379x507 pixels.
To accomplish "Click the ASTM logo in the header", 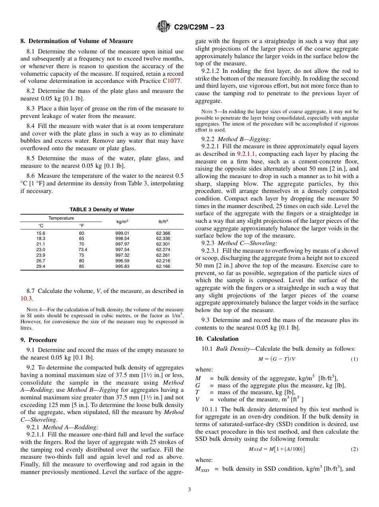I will coord(164,27).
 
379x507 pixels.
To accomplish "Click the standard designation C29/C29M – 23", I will coord(199,27).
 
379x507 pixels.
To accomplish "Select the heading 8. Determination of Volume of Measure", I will coord(77,41).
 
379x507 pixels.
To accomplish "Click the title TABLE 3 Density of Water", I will coord(102,210).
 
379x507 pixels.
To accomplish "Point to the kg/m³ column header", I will coord(122,222).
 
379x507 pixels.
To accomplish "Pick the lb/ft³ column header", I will coord(163,222).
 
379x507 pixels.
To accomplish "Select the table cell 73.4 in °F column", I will coord(83,250).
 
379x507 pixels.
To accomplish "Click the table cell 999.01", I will coord(122,233).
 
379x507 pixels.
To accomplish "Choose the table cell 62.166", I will coord(163,266).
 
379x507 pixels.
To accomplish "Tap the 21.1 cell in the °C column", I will coord(41,244).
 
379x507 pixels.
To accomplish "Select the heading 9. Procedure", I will coord(38,340).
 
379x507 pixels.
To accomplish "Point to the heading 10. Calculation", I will coord(217,339).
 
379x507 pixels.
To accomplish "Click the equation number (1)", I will coord(354,359).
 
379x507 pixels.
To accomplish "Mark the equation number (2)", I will coord(354,449).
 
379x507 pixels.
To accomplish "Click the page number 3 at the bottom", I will coord(189,489).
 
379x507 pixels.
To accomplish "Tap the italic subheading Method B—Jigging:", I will coord(244,139).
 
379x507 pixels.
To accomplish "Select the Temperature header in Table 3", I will coord(61,218).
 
